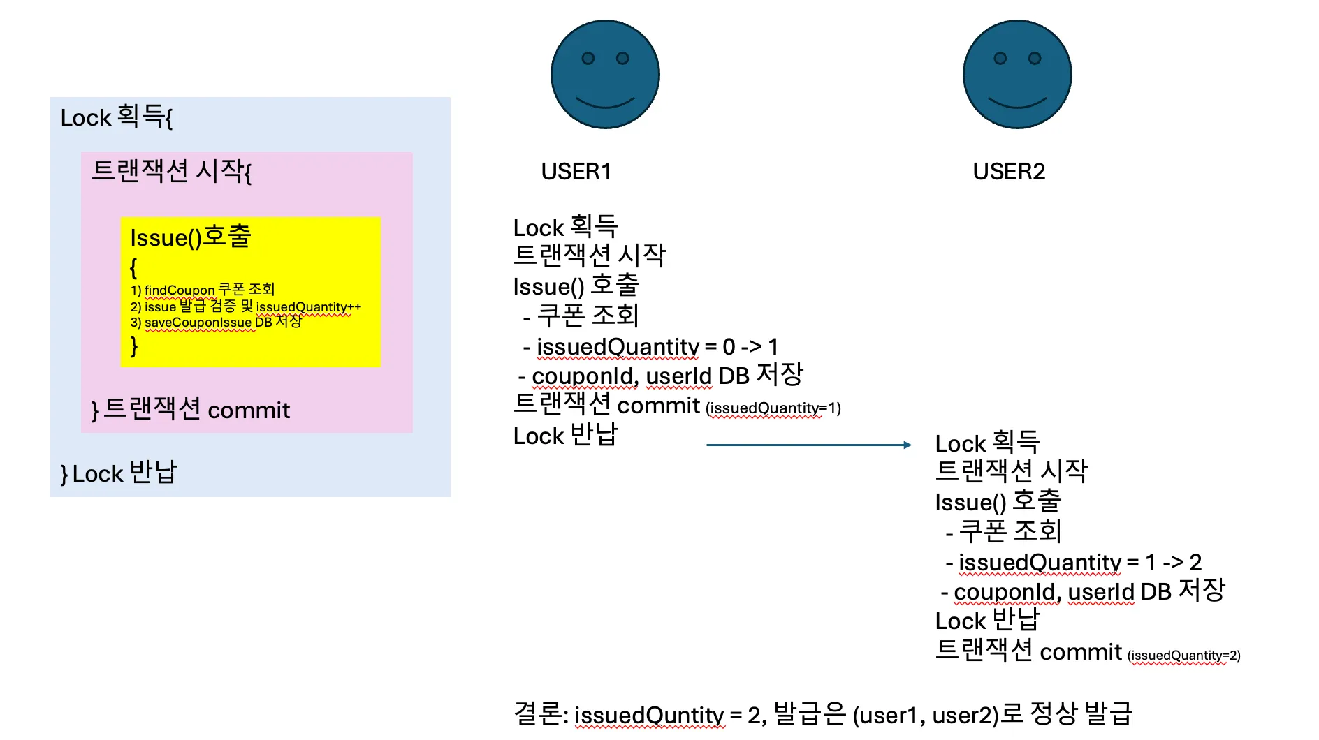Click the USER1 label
(x=576, y=171)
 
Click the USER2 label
(x=1008, y=171)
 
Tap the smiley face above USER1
(x=605, y=75)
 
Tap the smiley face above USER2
(x=1016, y=75)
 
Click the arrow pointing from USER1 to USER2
(x=808, y=445)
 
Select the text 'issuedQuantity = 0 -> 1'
(x=657, y=346)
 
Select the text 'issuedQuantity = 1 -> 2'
(x=1079, y=562)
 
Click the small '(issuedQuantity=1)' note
(x=773, y=408)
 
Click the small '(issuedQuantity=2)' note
(x=1183, y=655)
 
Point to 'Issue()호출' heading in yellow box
(x=190, y=237)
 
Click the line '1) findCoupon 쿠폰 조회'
(x=203, y=290)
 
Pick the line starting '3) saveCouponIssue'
(x=216, y=322)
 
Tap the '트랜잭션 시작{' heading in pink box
(x=171, y=170)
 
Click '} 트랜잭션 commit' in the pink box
(x=190, y=409)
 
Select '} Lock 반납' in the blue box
(x=119, y=473)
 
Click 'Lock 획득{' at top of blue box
(x=116, y=117)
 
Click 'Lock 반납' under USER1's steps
(x=565, y=436)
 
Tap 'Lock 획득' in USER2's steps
(x=986, y=443)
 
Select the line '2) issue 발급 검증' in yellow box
(x=245, y=306)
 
